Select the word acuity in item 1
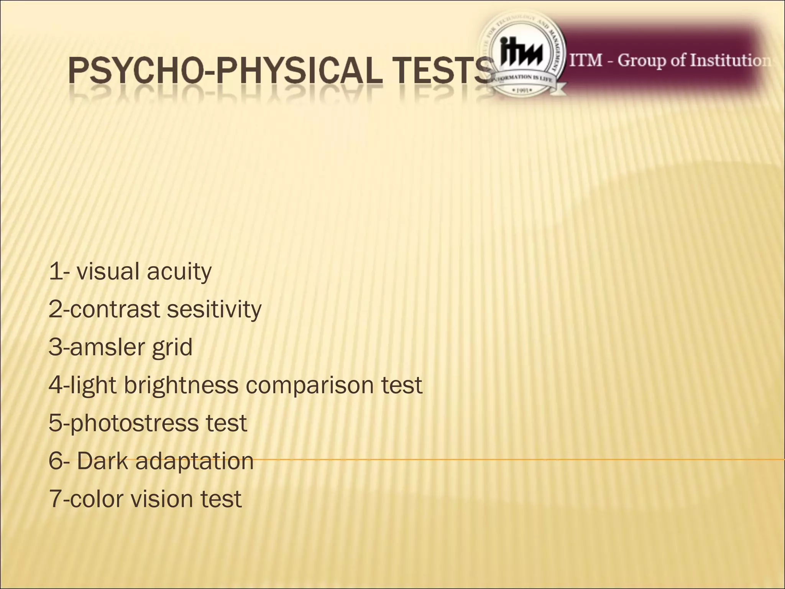(179, 272)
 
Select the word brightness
(181, 385)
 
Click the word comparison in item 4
(309, 386)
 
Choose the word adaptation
(194, 461)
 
